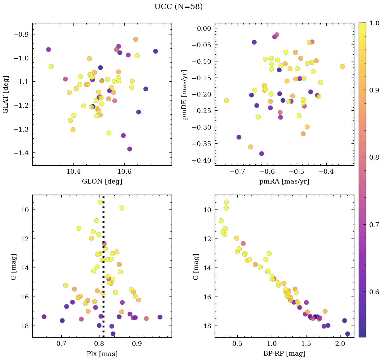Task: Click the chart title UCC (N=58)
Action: (x=178, y=7)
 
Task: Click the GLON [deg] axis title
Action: (x=102, y=182)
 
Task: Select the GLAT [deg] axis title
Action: (x=6, y=94)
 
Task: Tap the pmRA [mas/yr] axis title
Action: (x=284, y=182)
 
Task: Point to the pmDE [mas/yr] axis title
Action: (x=185, y=94)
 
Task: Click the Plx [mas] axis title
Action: (x=102, y=354)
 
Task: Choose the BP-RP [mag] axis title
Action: (x=284, y=354)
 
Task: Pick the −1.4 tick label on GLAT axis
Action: (x=21, y=153)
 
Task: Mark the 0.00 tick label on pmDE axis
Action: (x=201, y=28)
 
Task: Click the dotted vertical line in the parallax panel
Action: (x=103, y=270)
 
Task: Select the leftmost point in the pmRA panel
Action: (x=226, y=101)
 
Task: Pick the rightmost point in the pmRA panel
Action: (x=342, y=66)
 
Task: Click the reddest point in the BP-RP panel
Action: (x=348, y=334)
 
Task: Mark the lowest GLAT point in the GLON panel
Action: (x=129, y=149)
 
